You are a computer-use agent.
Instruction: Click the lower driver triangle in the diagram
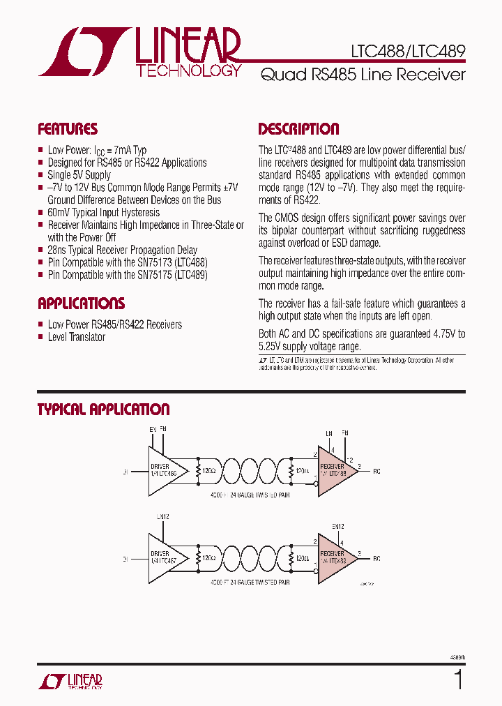click(x=166, y=559)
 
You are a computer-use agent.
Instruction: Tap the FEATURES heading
click(x=68, y=129)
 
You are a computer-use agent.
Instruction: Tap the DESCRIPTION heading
click(x=298, y=129)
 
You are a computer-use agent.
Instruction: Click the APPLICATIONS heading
click(x=81, y=303)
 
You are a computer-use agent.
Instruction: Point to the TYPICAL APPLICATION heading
click(x=103, y=410)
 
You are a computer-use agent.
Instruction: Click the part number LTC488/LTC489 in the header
click(x=409, y=51)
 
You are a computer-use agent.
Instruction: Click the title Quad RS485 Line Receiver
click(x=363, y=75)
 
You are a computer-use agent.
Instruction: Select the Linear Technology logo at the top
click(x=139, y=52)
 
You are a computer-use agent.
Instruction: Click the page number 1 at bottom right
click(x=458, y=679)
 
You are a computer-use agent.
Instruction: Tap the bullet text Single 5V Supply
click(x=79, y=175)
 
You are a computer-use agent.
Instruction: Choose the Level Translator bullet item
click(x=76, y=337)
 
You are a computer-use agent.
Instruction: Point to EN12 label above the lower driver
click(x=163, y=516)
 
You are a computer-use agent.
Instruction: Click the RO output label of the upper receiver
click(x=376, y=472)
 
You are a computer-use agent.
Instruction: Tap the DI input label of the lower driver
click(x=125, y=559)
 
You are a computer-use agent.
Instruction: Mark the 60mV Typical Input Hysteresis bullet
click(x=103, y=212)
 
